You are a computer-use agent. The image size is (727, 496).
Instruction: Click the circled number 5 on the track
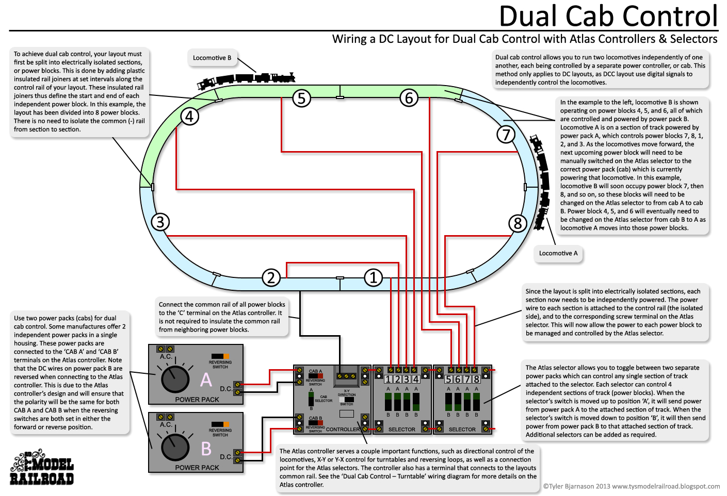click(301, 98)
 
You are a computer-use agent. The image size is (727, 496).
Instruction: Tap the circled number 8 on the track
click(518, 223)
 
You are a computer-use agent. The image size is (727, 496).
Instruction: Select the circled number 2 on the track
click(271, 278)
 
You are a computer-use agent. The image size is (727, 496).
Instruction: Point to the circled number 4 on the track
click(189, 117)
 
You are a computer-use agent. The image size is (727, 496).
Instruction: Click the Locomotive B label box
click(212, 58)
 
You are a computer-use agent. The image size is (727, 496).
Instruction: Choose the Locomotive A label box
click(558, 253)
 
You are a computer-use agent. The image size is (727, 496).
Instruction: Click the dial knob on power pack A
click(175, 379)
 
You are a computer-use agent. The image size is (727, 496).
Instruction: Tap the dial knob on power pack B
click(175, 447)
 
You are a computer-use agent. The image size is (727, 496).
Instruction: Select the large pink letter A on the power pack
click(206, 380)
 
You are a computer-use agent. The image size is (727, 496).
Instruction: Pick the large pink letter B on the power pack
click(206, 449)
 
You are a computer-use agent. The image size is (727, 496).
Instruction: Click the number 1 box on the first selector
click(388, 379)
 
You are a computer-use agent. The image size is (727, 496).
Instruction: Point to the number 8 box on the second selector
click(476, 379)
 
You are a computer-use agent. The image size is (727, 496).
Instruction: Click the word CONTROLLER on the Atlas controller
click(343, 429)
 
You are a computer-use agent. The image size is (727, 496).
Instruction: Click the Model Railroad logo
click(42, 468)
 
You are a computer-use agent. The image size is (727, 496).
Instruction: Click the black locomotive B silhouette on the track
click(246, 80)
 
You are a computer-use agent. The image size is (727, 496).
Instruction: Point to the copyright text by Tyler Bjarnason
click(631, 486)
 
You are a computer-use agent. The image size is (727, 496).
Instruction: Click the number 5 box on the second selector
click(448, 379)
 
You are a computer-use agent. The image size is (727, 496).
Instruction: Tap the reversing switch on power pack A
click(220, 356)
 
